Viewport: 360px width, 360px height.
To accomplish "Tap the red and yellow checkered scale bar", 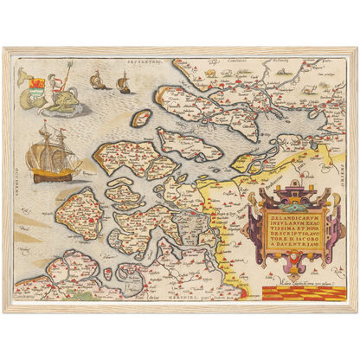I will [x=294, y=292].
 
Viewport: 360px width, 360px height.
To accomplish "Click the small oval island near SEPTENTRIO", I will [x=141, y=118].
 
